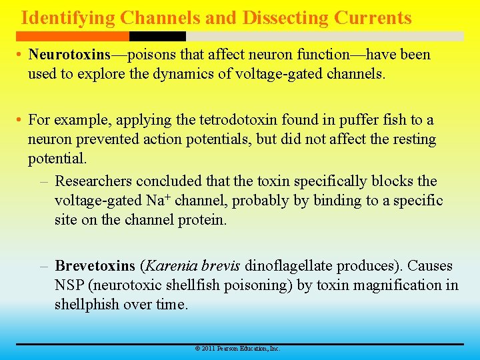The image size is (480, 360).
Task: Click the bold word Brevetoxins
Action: point(95,266)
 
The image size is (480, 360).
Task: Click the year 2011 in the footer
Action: point(207,349)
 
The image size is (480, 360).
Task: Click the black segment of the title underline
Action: point(157,36)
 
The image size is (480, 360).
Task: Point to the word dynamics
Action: point(177,73)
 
